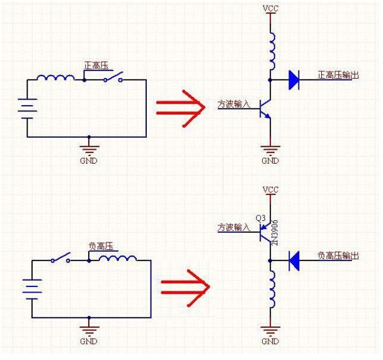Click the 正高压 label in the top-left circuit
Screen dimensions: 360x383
95,65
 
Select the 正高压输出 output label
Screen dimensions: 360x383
338,76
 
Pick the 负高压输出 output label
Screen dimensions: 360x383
338,256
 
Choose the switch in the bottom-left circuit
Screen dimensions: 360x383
61,259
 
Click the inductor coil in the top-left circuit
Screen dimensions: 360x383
55,78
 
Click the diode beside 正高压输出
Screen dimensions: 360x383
294,80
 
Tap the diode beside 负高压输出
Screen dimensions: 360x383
294,260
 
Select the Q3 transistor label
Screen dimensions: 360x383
261,218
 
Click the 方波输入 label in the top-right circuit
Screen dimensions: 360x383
234,104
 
